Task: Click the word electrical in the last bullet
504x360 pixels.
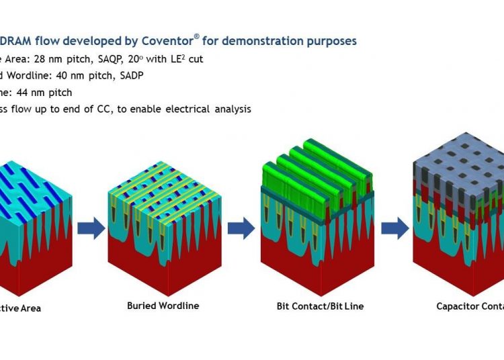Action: coord(180,109)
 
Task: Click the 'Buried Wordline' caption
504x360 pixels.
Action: coord(163,306)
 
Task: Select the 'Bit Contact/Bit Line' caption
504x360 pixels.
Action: coord(320,306)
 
